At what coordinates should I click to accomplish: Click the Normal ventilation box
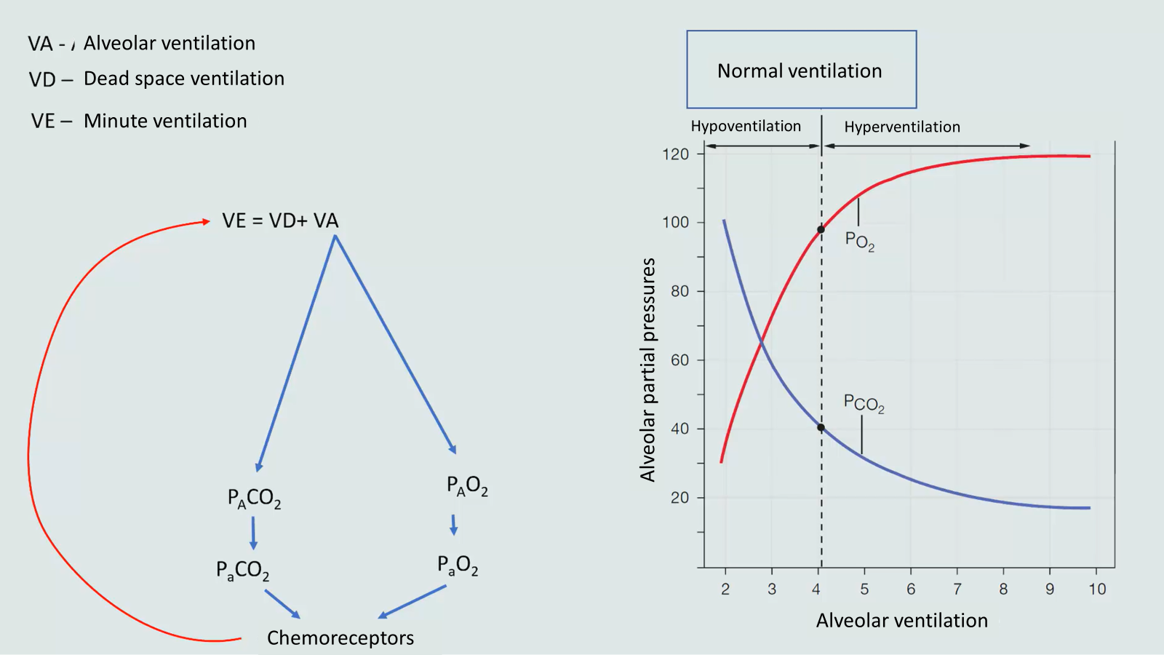coord(801,70)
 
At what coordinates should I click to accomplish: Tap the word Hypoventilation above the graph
coord(746,126)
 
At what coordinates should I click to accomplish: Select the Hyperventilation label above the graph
coord(902,127)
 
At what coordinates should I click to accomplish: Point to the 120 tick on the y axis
coord(675,154)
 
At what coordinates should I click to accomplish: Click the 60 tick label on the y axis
coord(679,360)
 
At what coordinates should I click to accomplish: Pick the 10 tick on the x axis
coord(1097,589)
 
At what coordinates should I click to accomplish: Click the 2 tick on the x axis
coord(725,589)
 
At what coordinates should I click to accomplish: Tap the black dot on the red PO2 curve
coord(821,229)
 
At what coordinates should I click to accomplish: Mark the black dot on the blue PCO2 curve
coord(821,428)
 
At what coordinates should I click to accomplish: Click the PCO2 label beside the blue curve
coord(864,403)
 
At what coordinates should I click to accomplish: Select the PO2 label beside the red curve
coord(859,241)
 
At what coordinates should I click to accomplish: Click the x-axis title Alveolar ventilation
coord(901,620)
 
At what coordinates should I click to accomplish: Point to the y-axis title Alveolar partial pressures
coord(647,369)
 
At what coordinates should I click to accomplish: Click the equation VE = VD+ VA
coord(280,221)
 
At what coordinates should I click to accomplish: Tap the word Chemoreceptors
coord(340,638)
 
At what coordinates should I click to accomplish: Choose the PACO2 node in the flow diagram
coord(254,499)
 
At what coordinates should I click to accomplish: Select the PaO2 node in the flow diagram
coord(458,565)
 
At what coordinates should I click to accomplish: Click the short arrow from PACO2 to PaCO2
coord(253,533)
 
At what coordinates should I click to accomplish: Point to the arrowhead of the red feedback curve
coord(206,222)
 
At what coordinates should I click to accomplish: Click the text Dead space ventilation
coord(183,79)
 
